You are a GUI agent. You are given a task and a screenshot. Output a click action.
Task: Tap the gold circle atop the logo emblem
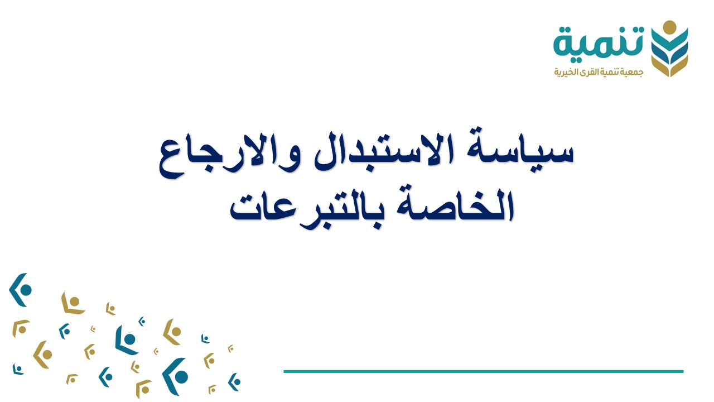coord(670,26)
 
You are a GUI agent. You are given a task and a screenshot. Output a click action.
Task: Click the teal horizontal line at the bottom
coord(483,371)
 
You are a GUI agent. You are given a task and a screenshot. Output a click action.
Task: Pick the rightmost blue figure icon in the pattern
coord(235,381)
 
